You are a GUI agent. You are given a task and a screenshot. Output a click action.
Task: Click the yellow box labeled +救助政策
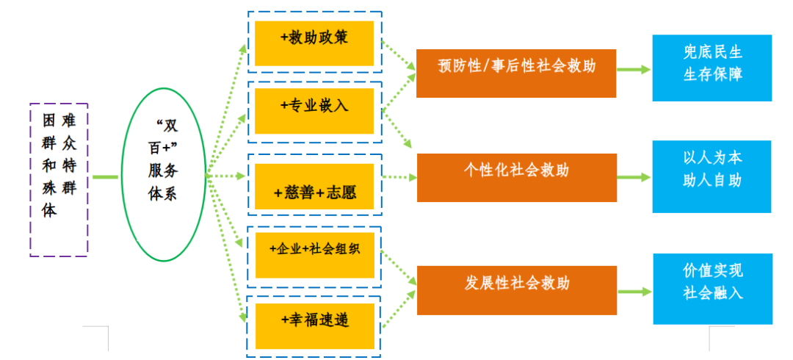(314, 43)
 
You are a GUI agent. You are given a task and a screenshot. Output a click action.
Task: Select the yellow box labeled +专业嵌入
(314, 110)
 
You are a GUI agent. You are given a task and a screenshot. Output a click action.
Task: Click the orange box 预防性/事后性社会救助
(515, 73)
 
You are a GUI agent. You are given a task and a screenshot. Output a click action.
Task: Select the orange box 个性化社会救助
(516, 177)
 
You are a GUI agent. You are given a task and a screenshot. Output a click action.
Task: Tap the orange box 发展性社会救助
(516, 289)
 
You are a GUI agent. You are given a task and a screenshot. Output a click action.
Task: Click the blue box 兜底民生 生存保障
(711, 68)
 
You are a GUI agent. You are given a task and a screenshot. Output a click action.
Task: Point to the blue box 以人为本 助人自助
(711, 176)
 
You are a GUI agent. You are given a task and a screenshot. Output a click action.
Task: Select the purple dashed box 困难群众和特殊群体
(59, 179)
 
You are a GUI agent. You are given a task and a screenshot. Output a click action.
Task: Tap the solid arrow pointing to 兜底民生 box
(633, 70)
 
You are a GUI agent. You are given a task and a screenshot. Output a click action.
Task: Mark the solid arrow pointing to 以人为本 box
(633, 177)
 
